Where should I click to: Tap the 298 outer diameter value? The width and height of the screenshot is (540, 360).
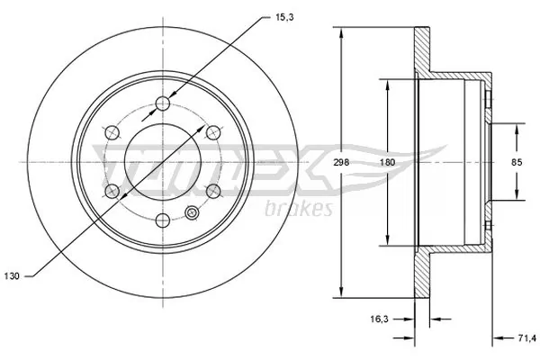[x=340, y=162]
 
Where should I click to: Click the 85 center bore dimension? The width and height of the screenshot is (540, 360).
[x=517, y=163]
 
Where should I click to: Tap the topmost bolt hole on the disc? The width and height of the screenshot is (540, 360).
[x=163, y=104]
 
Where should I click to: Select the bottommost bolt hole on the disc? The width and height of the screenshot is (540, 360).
[x=163, y=220]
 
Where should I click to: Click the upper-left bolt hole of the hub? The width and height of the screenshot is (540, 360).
[x=112, y=133]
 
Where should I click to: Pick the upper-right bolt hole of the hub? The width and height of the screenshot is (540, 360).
[x=213, y=133]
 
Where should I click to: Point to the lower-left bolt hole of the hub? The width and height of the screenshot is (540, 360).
[x=112, y=191]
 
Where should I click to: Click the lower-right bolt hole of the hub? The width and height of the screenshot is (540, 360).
[x=213, y=191]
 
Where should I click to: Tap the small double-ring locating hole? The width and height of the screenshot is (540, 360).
[x=192, y=213]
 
